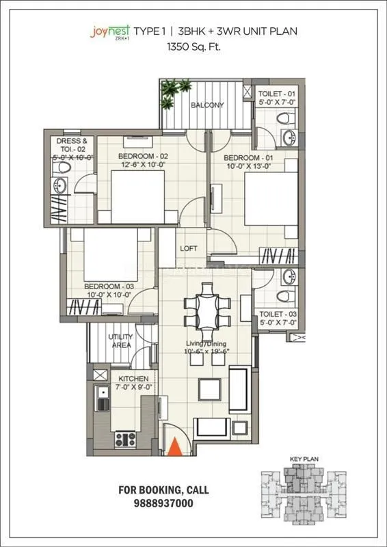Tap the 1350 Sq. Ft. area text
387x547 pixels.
(193, 48)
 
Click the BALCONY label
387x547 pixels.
(206, 105)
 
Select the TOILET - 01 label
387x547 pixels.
(277, 93)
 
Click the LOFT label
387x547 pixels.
(188, 249)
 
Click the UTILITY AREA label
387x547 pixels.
(121, 341)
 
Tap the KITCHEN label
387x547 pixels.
(133, 378)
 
